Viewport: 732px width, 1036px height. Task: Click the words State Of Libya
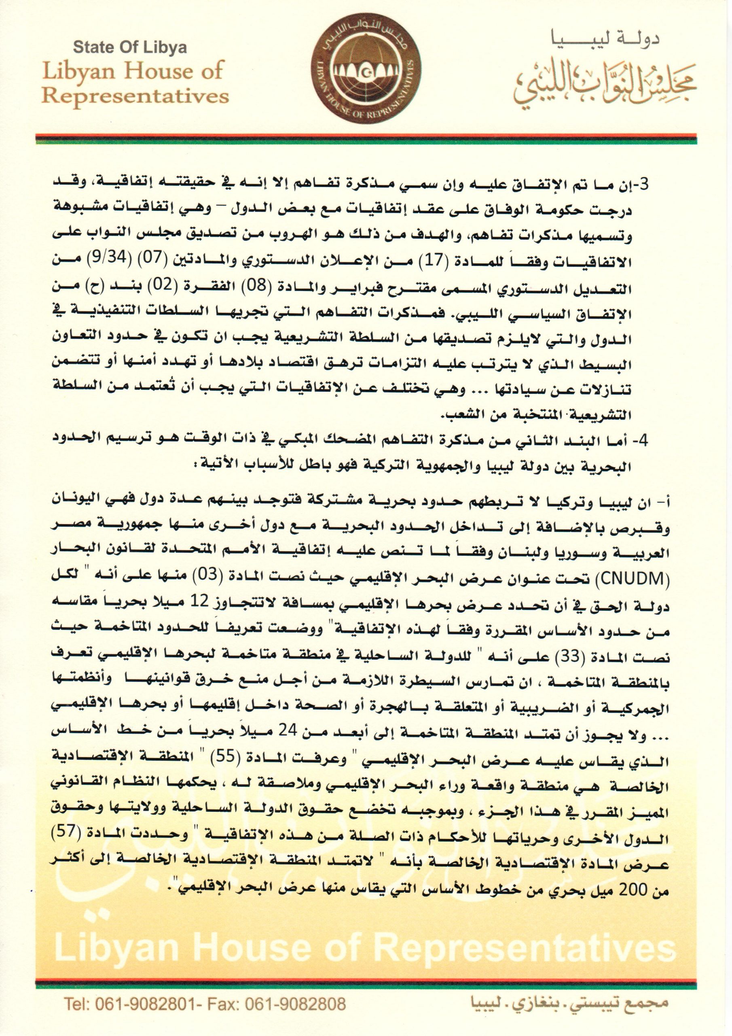point(130,48)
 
